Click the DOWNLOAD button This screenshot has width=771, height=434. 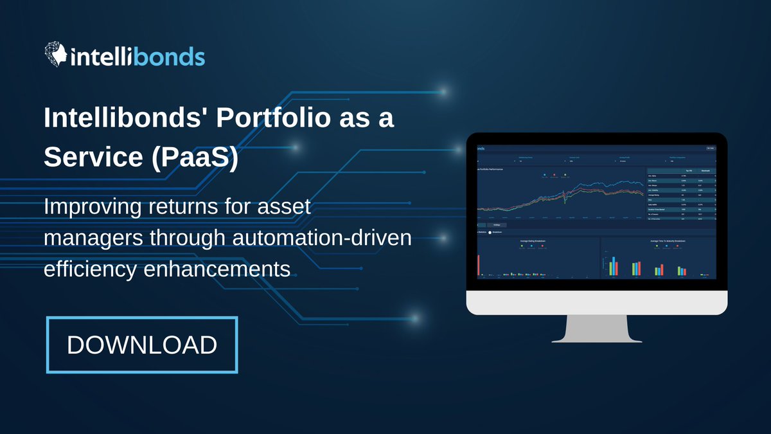(x=142, y=345)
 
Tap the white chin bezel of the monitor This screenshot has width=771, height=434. (x=596, y=302)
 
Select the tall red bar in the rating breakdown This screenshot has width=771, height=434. (x=479, y=264)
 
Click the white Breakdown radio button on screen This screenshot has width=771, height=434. (x=490, y=232)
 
